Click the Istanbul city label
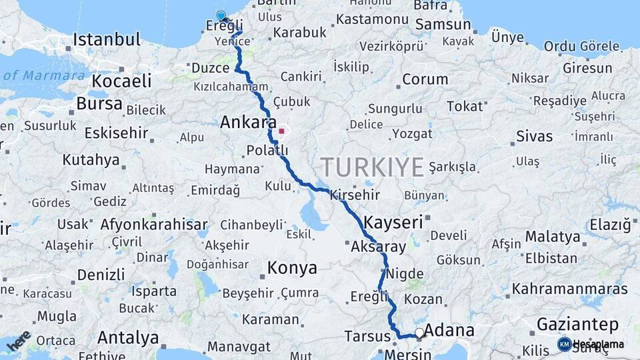click(107, 39)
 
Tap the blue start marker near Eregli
click(221, 15)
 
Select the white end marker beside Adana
click(419, 332)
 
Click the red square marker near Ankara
click(281, 131)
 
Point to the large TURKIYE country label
click(371, 166)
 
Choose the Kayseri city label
click(393, 222)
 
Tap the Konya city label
click(292, 268)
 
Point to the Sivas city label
click(535, 137)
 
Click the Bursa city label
click(99, 104)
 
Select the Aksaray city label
click(378, 247)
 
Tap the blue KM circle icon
click(564, 344)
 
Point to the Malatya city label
click(553, 237)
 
